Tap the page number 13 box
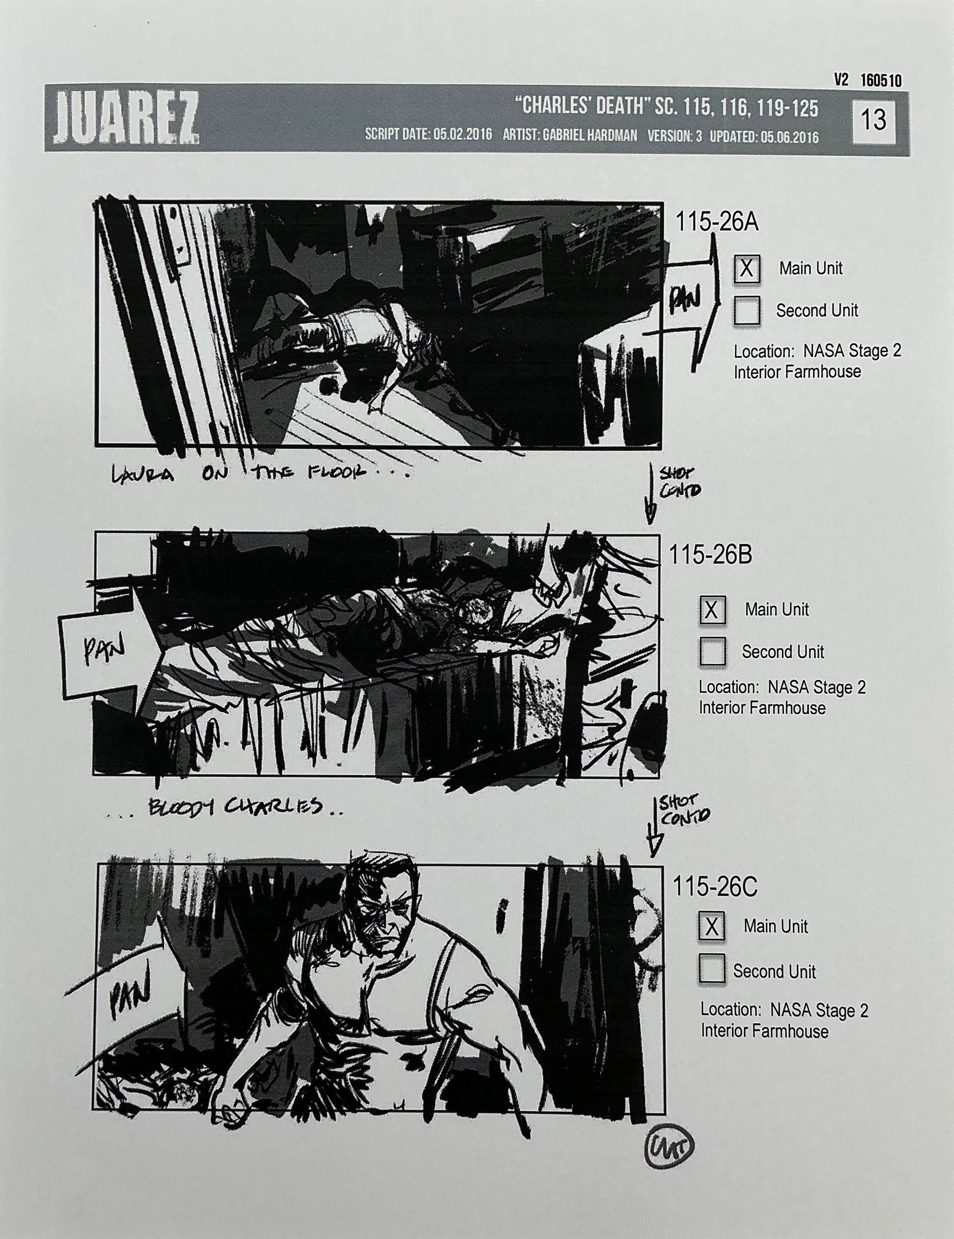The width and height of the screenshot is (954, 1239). coord(874,120)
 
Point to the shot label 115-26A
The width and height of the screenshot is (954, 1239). coord(716,223)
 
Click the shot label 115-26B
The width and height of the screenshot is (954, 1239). coord(710,555)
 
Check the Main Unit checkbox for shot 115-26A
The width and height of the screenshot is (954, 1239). coord(747,268)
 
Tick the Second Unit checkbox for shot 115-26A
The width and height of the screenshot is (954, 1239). coord(747,311)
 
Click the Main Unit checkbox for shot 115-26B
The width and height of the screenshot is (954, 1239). coord(712,610)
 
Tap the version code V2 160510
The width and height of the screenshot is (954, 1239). coord(867,80)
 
